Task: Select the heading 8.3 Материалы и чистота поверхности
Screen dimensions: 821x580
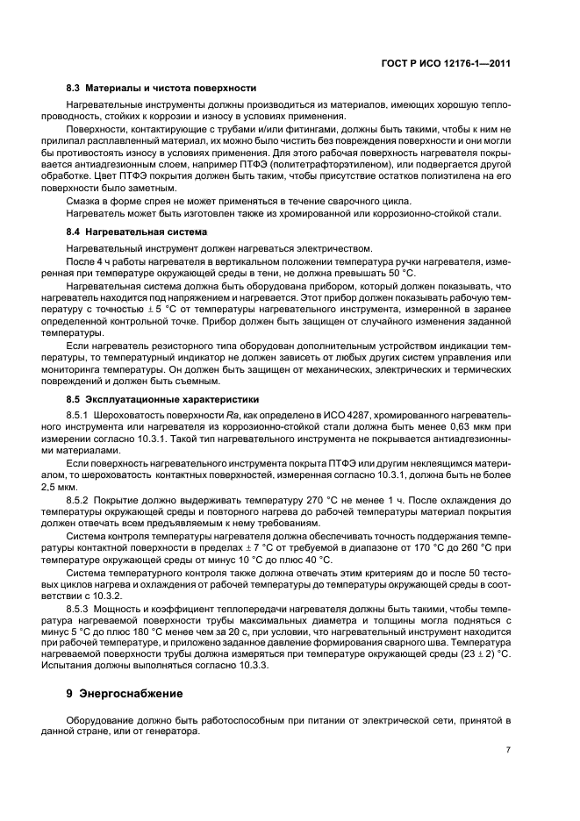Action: [x=161, y=89]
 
